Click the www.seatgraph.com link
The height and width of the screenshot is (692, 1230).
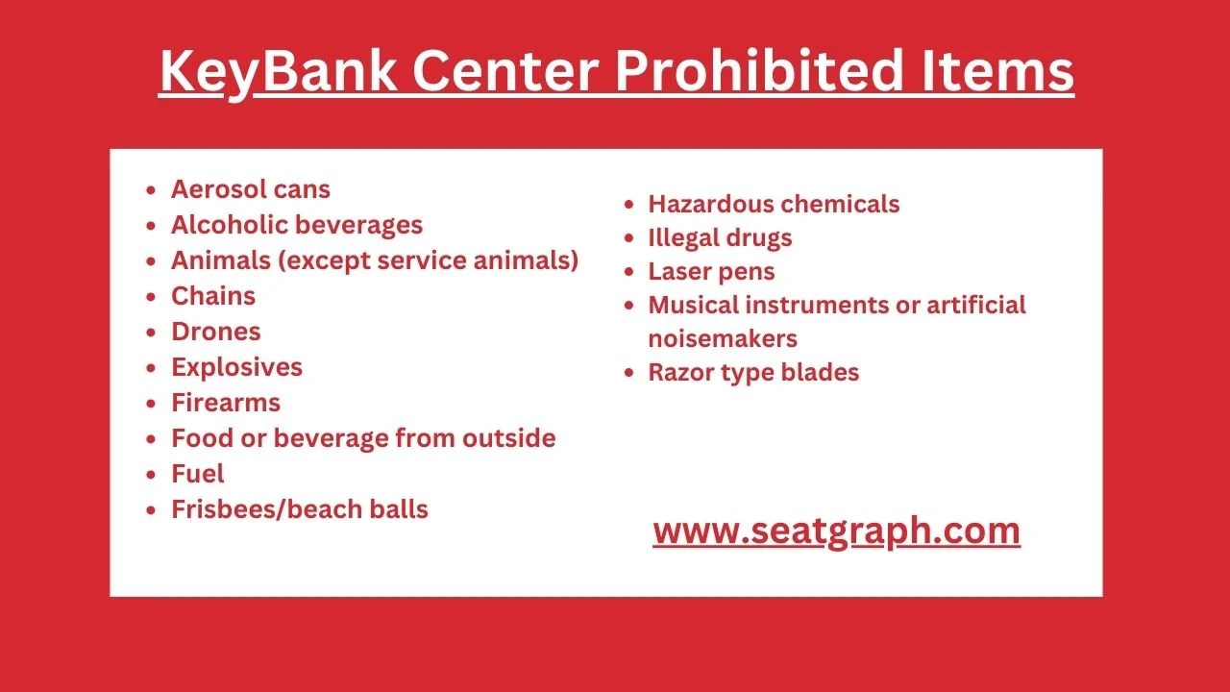pos(836,531)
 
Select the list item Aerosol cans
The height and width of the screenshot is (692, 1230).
pos(250,189)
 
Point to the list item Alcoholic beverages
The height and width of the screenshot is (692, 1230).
pos(296,225)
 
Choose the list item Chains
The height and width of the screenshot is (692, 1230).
pos(212,296)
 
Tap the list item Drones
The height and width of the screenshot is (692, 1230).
pos(215,332)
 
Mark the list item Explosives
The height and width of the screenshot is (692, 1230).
pos(236,367)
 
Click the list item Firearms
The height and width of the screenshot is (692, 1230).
pos(225,403)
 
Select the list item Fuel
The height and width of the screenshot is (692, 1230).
pos(197,474)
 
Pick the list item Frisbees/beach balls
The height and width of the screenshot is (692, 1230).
pos(299,509)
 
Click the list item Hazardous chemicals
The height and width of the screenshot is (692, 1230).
pos(774,204)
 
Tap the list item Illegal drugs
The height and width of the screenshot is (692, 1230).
pos(720,237)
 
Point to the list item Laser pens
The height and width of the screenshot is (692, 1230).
pos(711,271)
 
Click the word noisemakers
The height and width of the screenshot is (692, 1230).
pos(723,338)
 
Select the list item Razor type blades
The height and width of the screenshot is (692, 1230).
pos(753,372)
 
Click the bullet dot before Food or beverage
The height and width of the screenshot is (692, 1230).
pos(151,439)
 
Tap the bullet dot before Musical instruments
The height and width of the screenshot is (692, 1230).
pos(628,306)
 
